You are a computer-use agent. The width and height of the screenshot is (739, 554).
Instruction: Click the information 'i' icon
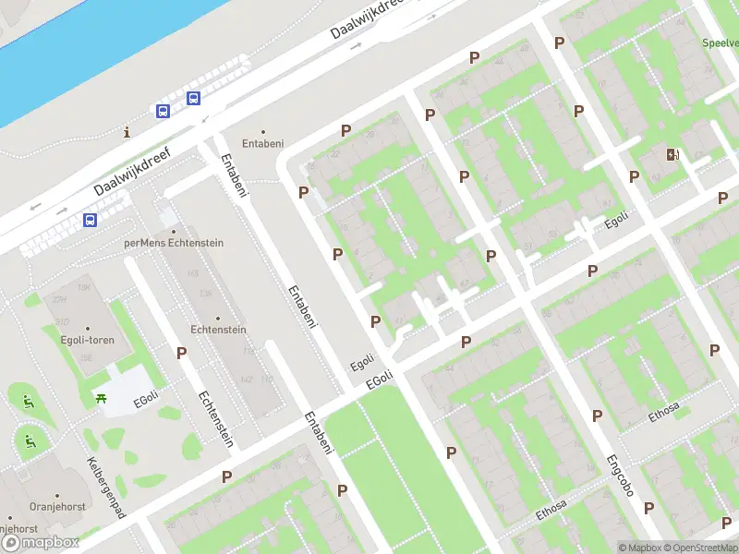(x=127, y=133)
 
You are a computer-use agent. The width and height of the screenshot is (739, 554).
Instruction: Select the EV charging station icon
(x=672, y=154)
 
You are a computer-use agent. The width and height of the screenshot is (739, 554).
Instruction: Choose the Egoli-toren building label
(x=88, y=339)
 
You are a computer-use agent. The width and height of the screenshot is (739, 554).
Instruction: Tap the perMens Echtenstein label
(x=173, y=242)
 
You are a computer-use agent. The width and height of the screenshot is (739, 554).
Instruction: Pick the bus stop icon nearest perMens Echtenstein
(x=91, y=220)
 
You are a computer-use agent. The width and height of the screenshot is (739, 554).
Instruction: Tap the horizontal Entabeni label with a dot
(x=262, y=142)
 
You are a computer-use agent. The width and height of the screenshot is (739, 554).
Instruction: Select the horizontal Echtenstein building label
(x=217, y=329)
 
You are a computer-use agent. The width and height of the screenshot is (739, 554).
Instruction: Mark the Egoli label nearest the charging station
(x=616, y=223)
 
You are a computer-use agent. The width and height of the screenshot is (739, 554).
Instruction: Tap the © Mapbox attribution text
(x=637, y=548)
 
